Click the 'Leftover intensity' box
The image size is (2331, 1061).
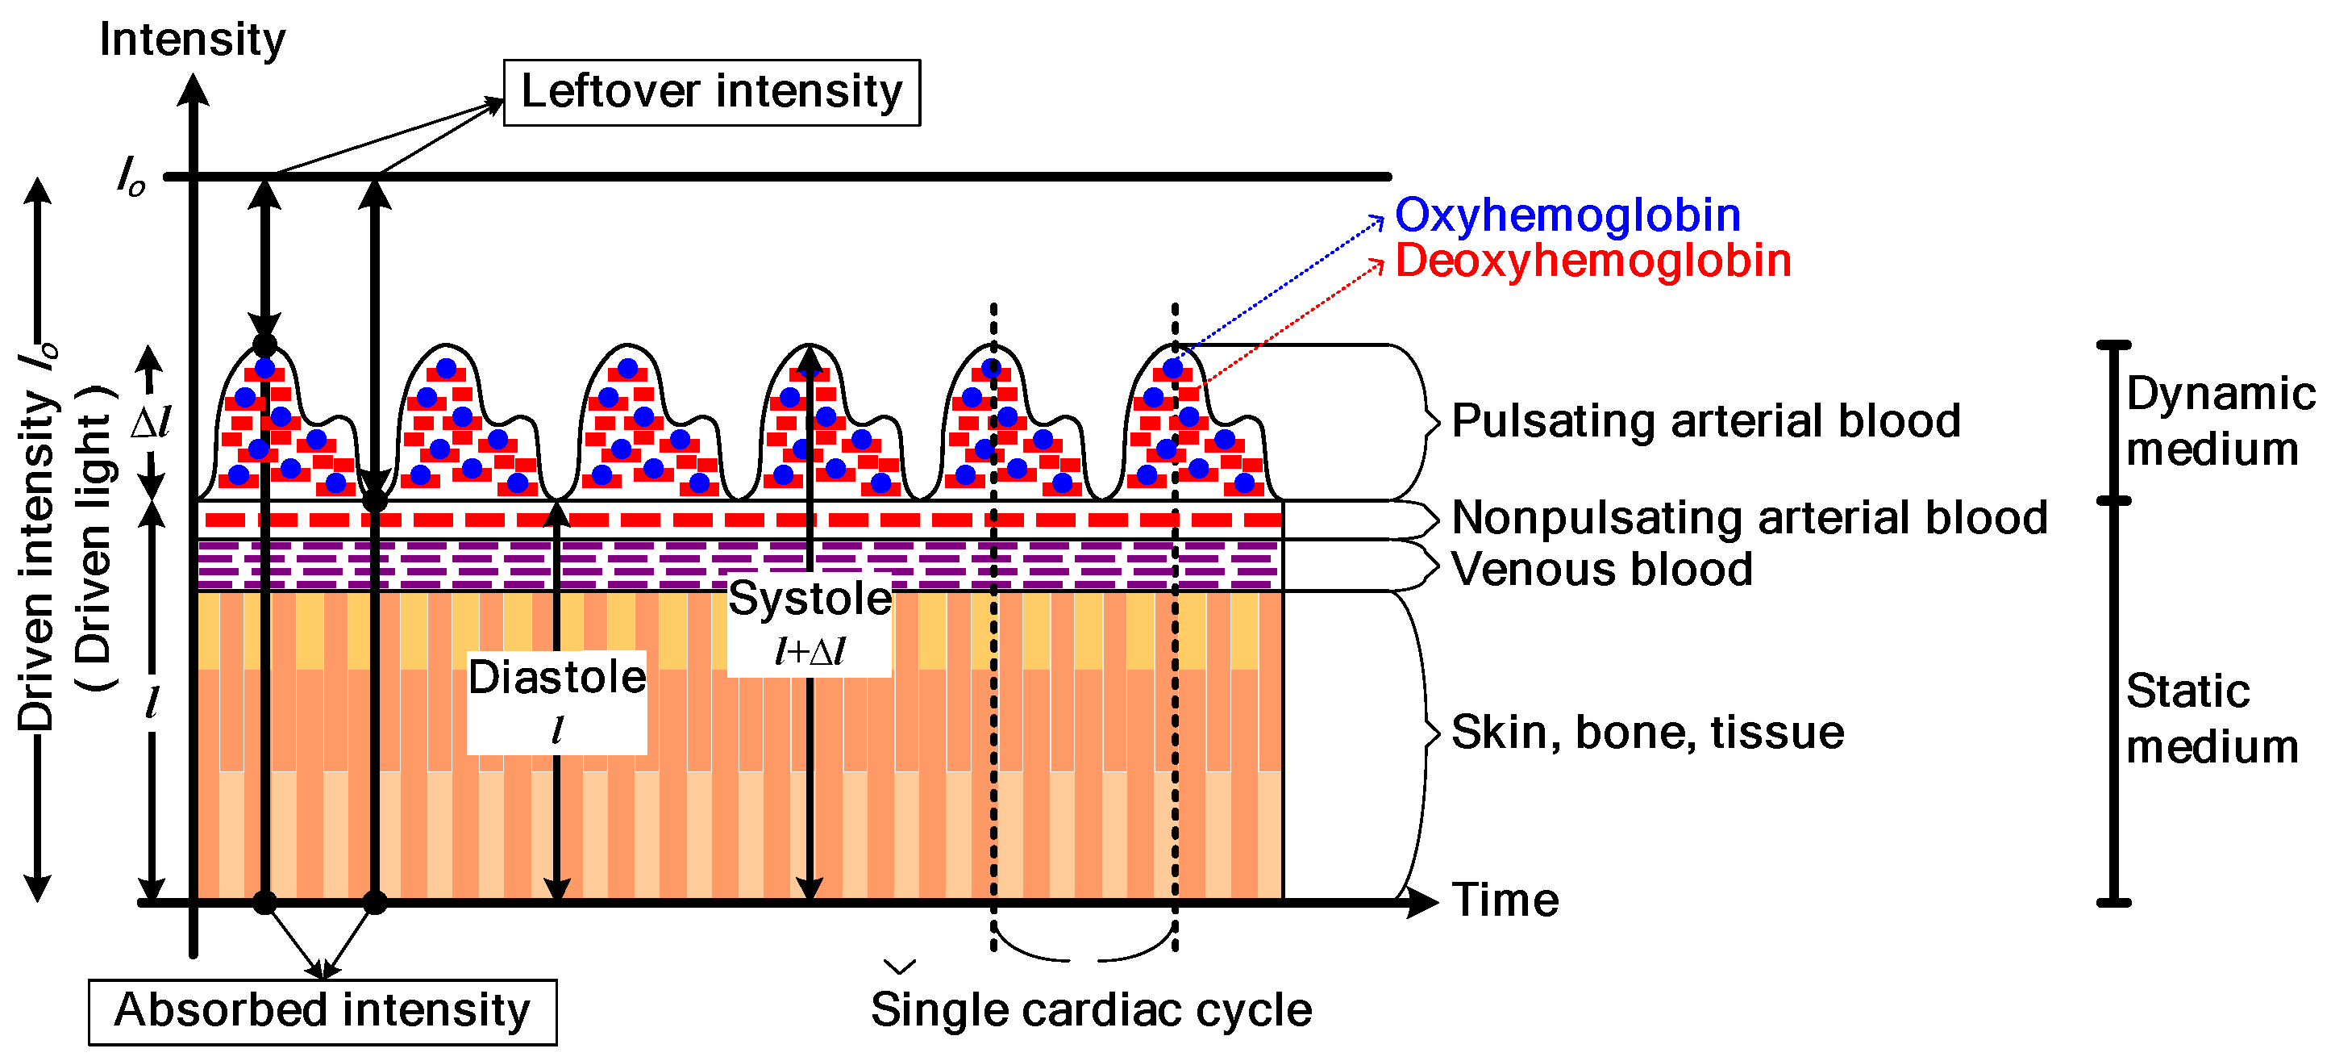(711, 92)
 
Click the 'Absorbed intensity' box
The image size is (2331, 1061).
(323, 1011)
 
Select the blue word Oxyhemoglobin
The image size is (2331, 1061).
(1567, 215)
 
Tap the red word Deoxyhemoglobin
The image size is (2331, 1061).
(1592, 261)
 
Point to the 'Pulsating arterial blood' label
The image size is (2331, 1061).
(1706, 421)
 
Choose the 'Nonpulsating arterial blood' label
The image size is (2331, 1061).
(1749, 518)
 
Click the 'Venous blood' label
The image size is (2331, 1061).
(1601, 570)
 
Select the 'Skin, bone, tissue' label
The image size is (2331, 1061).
(1647, 732)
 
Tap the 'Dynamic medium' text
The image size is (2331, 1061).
(2219, 421)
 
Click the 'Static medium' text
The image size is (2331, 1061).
(2211, 719)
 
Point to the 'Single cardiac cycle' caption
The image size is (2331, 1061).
(1090, 1009)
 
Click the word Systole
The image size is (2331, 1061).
(810, 599)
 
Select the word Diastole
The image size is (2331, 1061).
(556, 677)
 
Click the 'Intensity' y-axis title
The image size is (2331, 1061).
(192, 40)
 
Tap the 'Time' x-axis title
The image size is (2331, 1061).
(1505, 900)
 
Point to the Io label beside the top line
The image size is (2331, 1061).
(131, 175)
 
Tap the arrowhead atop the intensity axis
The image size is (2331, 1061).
(193, 89)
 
